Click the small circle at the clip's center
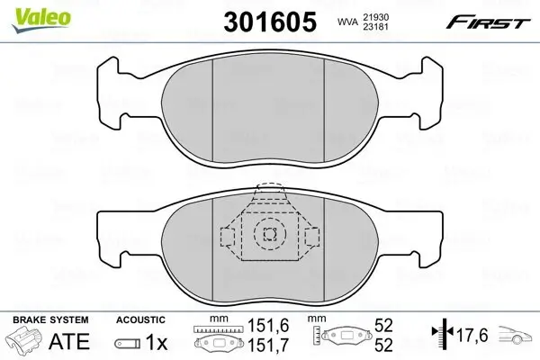click(267, 234)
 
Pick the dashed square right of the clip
click(311, 236)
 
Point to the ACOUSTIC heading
click(139, 319)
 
